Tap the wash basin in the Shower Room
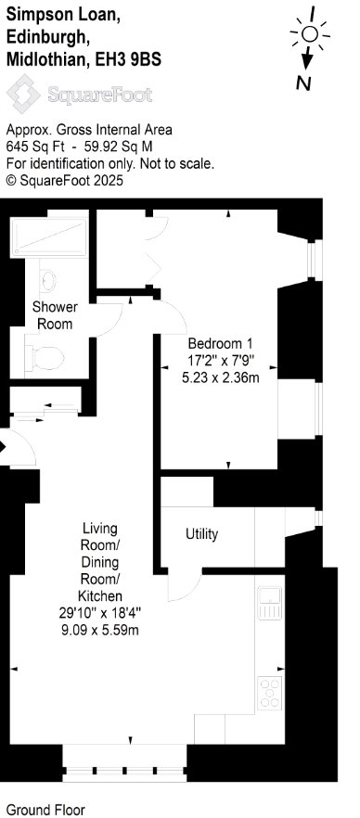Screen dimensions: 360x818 [47, 279]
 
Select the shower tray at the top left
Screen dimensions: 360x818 [48, 237]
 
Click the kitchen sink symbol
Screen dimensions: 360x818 [270, 603]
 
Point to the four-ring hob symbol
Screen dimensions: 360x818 [270, 692]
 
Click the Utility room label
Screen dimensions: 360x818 [202, 534]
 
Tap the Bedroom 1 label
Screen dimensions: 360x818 [221, 344]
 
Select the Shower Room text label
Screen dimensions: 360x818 [55, 315]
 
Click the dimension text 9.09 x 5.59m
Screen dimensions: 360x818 [100, 631]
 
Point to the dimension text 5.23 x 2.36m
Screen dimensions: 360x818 [221, 377]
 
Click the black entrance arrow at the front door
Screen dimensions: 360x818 [3, 447]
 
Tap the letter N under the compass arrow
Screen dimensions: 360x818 [303, 83]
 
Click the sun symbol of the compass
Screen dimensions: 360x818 [311, 35]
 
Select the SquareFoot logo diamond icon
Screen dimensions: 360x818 [23, 94]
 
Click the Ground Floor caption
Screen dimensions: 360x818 [45, 810]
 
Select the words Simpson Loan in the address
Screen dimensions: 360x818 [63, 16]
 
